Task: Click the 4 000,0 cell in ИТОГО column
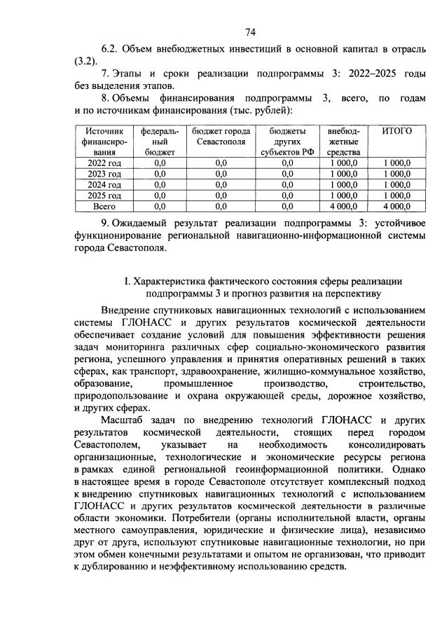click(x=396, y=207)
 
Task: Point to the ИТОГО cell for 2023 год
click(x=396, y=174)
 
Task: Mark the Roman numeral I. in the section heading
click(x=127, y=281)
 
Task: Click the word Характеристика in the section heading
click(x=172, y=281)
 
